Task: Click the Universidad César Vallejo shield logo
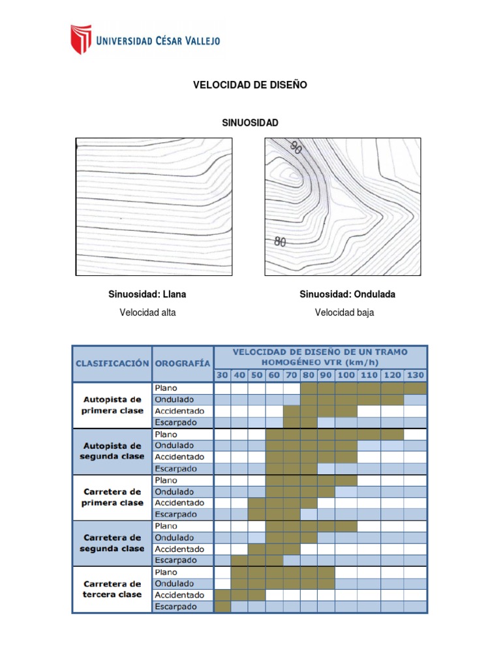(81, 39)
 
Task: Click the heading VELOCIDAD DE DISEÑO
(250, 85)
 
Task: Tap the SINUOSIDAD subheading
(250, 123)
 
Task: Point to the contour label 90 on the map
(296, 148)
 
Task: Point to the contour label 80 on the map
(281, 242)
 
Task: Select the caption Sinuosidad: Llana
(147, 294)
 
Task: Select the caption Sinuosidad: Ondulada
(347, 294)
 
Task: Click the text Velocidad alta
(147, 312)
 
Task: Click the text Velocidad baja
(344, 312)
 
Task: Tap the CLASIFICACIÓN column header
(112, 363)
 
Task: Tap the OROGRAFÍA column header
(183, 363)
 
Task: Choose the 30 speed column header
(222, 376)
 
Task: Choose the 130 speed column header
(415, 376)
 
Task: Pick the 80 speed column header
(309, 376)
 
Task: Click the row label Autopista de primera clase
(112, 405)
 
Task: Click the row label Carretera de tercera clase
(112, 589)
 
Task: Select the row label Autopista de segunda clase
(112, 451)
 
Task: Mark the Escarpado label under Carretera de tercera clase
(175, 607)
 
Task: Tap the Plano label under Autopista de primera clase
(166, 388)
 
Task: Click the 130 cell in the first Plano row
(415, 388)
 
